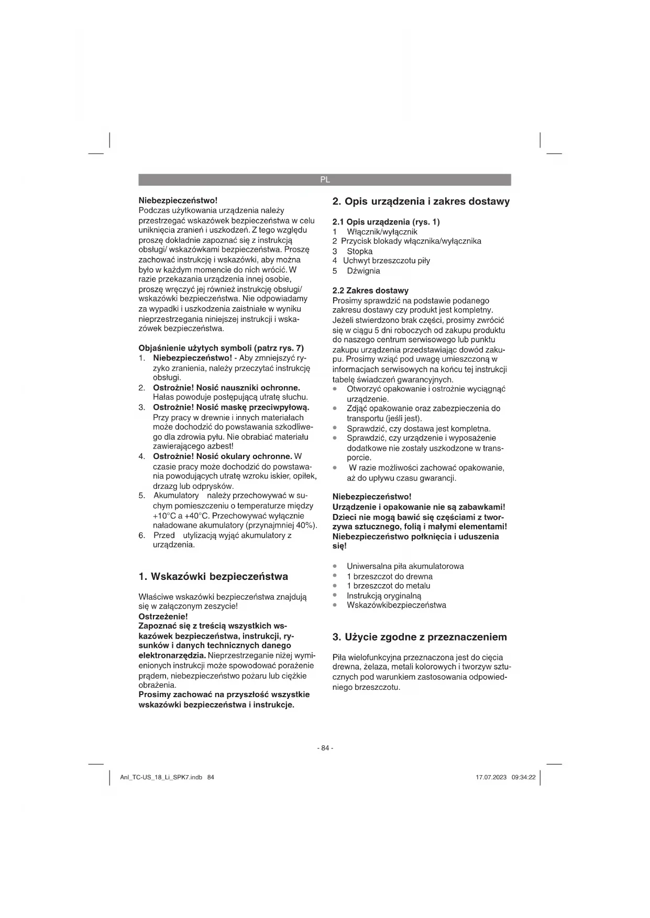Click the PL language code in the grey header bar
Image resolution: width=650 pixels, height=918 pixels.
(x=325, y=180)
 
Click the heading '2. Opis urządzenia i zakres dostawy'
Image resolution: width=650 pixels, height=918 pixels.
(x=421, y=201)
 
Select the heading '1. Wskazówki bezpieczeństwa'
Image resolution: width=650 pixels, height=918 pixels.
(x=213, y=577)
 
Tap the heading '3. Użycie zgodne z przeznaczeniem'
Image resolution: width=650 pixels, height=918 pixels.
(x=420, y=637)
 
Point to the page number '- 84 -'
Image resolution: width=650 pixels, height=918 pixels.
(x=325, y=748)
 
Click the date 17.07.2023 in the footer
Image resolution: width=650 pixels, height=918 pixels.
(x=491, y=777)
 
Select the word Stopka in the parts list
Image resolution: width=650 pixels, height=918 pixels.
(x=360, y=251)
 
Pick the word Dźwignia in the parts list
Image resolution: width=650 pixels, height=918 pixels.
(x=363, y=271)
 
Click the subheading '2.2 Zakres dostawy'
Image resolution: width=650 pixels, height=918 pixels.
(x=370, y=290)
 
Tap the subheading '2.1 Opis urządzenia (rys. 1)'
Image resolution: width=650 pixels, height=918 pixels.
(x=386, y=222)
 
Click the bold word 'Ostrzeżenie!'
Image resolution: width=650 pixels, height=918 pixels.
(x=163, y=617)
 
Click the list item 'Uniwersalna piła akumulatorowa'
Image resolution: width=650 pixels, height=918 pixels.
(x=405, y=566)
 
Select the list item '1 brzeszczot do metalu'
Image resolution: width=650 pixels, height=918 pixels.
(x=388, y=586)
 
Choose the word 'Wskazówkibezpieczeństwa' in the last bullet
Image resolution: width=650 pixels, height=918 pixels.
(x=396, y=605)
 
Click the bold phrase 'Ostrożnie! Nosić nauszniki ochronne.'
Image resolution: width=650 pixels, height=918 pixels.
(x=226, y=388)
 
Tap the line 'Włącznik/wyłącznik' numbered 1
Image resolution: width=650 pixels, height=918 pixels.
(x=382, y=232)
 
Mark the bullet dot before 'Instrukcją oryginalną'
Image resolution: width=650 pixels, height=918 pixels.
(x=335, y=595)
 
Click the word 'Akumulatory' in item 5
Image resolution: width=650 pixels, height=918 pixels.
(x=176, y=496)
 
